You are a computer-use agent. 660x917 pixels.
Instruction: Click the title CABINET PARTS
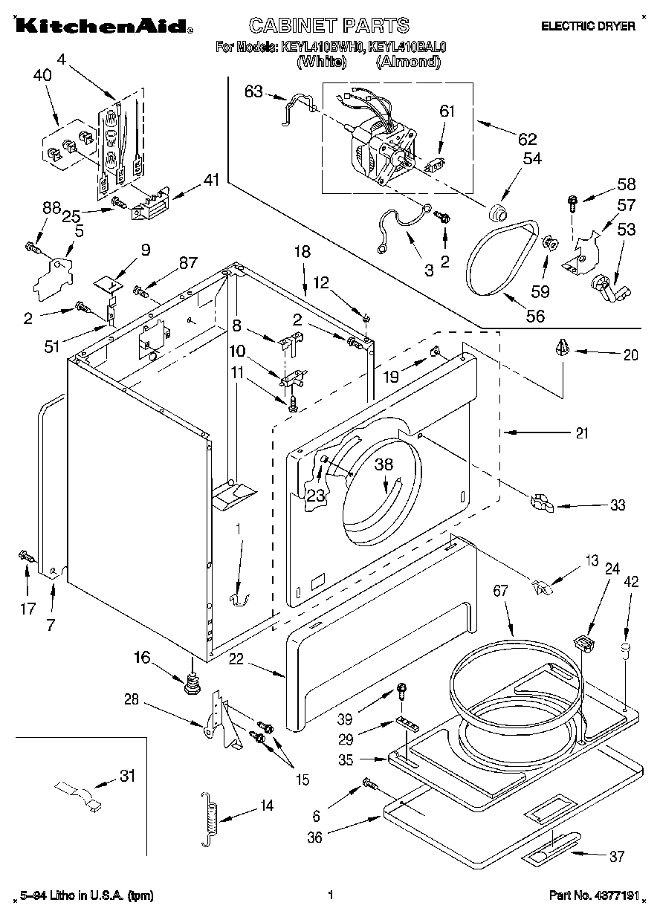pyautogui.click(x=328, y=25)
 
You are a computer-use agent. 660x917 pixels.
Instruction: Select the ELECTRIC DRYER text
pyautogui.click(x=588, y=26)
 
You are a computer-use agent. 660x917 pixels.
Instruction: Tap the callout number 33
pyautogui.click(x=617, y=506)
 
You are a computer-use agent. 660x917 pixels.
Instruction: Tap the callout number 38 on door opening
pyautogui.click(x=384, y=465)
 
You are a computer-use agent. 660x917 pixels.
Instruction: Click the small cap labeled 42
pyautogui.click(x=626, y=651)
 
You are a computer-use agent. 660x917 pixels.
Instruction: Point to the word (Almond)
pyautogui.click(x=408, y=62)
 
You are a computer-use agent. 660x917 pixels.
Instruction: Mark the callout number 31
pyautogui.click(x=128, y=777)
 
